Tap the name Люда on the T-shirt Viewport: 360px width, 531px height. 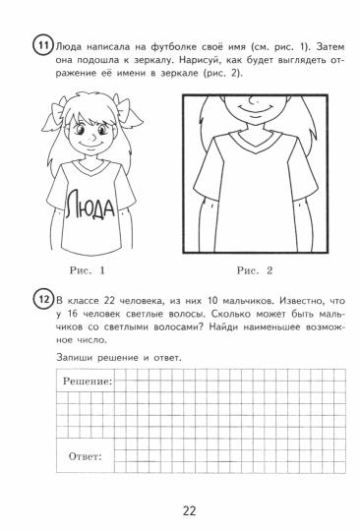click(89, 207)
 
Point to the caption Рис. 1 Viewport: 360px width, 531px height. click(88, 268)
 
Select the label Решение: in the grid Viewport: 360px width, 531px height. click(88, 380)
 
